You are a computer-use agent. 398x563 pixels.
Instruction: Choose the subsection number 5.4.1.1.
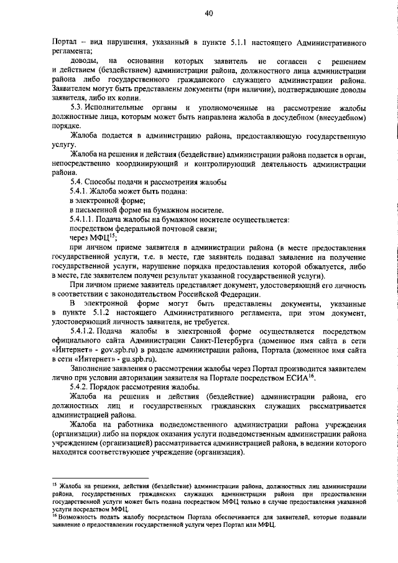[81, 220]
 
